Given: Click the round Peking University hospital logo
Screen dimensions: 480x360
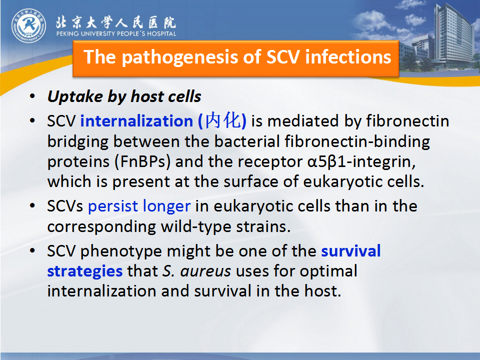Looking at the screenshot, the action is pos(29,25).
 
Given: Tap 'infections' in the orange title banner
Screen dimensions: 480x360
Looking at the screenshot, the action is pos(348,57).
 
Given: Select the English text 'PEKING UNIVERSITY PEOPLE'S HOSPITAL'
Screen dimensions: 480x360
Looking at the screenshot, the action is pos(116,33).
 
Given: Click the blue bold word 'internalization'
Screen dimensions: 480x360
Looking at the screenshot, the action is pos(136,121).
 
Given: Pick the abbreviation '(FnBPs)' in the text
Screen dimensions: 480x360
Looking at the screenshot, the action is pos(142,161).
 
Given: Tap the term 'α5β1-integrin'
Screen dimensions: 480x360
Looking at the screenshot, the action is pos(361,161).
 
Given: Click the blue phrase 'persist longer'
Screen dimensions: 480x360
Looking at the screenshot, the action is pos(139,206).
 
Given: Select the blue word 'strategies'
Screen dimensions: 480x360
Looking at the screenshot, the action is pos(85,271).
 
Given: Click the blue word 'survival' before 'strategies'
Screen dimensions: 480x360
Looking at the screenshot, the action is pos(351,251).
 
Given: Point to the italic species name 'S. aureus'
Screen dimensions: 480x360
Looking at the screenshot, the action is pos(196,271).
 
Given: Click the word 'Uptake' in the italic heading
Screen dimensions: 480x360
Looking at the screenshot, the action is pos(75,97).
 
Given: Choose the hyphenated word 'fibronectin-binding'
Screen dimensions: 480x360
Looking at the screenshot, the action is pos(357,142).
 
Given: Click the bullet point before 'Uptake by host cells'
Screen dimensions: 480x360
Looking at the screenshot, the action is pos(32,96).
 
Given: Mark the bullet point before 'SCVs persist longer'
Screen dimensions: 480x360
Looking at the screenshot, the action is pos(32,205).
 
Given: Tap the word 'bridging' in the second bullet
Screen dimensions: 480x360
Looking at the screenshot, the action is pos(78,142).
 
